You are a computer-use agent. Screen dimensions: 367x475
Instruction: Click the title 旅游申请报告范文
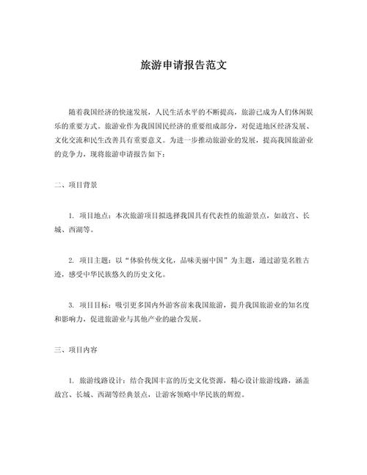tap(183, 65)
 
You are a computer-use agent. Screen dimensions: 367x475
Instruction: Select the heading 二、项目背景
tap(76, 186)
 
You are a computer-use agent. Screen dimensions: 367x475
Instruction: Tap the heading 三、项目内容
tap(76, 350)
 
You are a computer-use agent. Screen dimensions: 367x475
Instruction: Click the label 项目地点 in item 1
tap(93, 217)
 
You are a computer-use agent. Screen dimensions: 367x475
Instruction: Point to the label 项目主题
tap(93, 261)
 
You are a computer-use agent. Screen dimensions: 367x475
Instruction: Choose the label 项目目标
tap(93, 304)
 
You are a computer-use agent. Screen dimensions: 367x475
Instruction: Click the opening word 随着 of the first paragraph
tap(76, 111)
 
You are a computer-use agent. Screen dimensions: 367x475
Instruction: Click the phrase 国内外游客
tap(161, 304)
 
